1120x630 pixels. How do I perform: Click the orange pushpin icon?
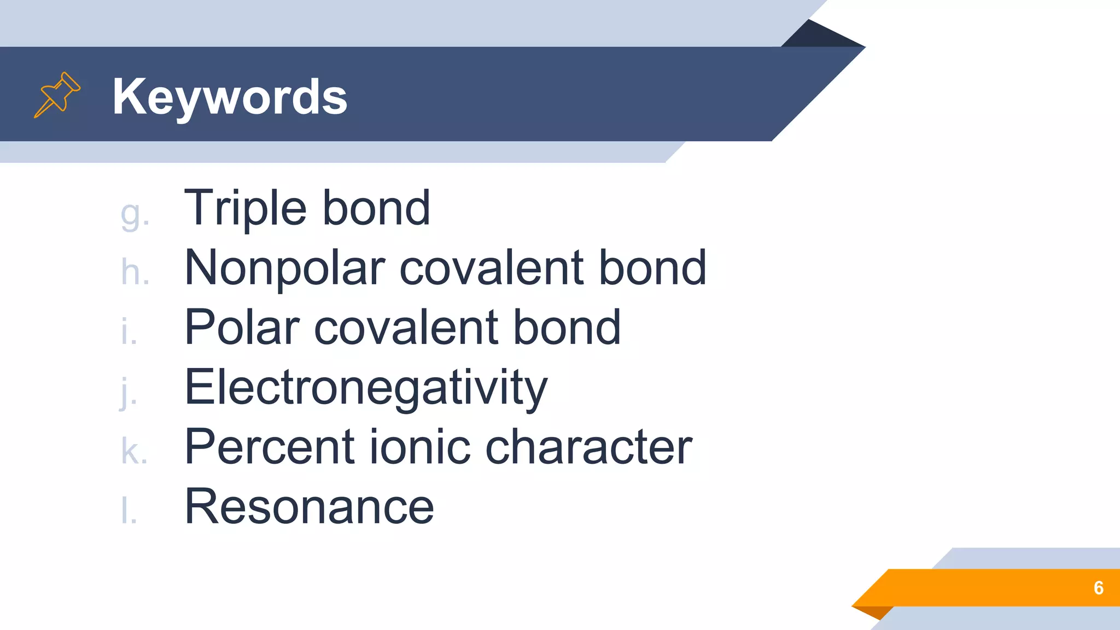[x=57, y=95]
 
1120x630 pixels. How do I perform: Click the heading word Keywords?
[x=230, y=97]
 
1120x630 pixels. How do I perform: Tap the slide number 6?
[x=1098, y=588]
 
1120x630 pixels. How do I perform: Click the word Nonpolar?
[x=285, y=268]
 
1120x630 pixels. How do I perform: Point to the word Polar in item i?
[x=242, y=328]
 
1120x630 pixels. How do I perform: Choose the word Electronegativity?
[x=366, y=388]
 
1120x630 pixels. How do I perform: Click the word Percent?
[x=269, y=447]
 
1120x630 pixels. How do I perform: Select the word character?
[x=588, y=447]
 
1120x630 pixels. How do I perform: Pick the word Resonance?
[x=309, y=506]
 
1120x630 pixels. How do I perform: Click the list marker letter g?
[x=135, y=214]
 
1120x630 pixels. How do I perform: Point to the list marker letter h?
[x=135, y=272]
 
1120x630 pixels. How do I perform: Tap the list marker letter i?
[x=129, y=332]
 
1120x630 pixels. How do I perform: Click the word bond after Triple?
[x=376, y=208]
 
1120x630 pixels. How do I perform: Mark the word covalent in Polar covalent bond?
[x=406, y=328]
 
